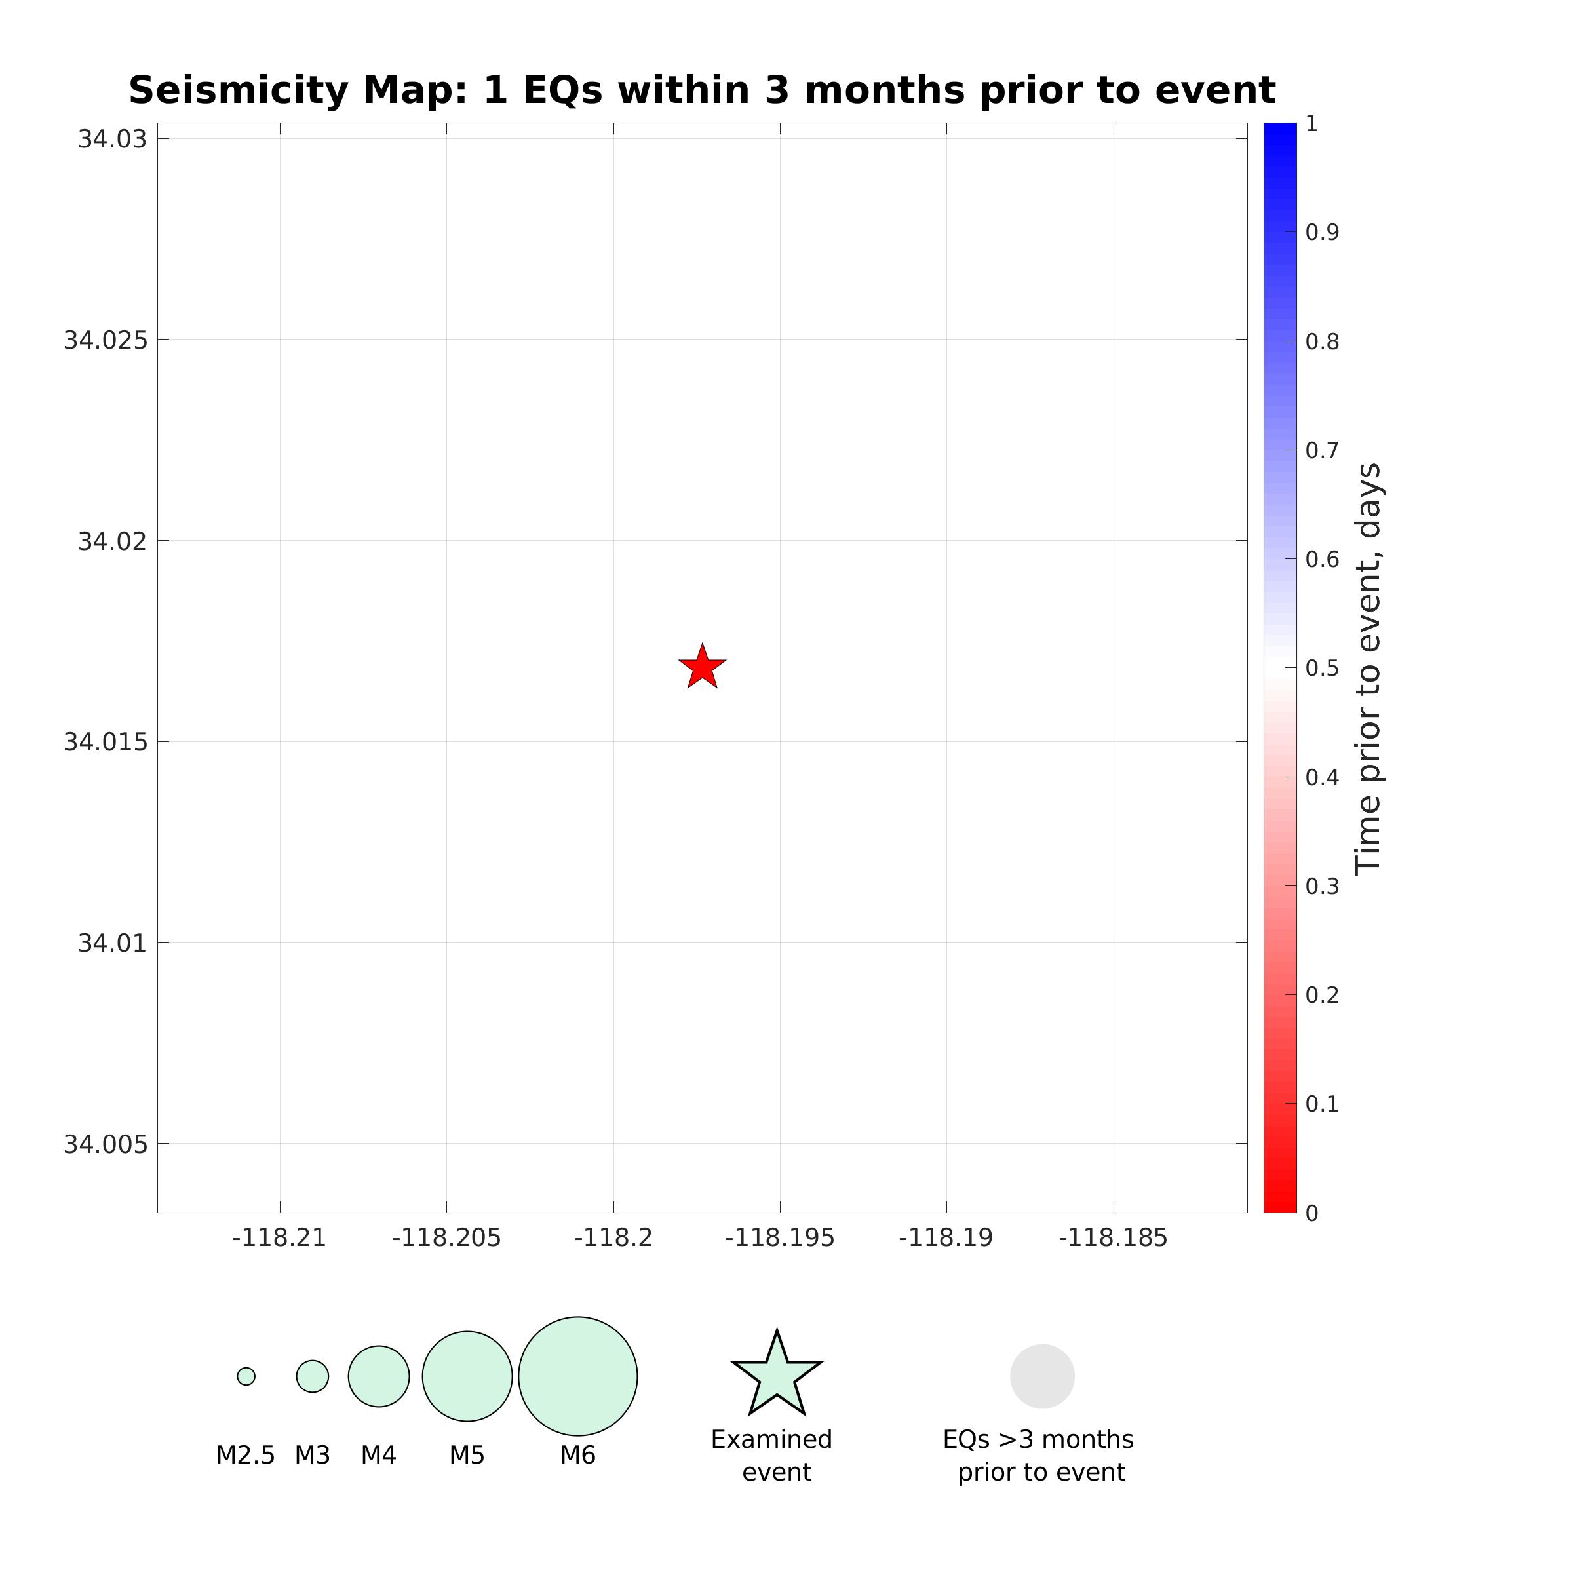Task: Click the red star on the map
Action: coord(702,667)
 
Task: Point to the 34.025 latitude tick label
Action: coord(106,340)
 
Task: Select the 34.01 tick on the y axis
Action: coord(112,944)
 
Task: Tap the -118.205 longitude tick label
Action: coord(446,1238)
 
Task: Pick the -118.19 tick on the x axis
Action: coord(946,1238)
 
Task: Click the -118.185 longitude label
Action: coord(1113,1238)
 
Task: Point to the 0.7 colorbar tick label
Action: coord(1321,450)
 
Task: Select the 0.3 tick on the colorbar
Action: coord(1321,887)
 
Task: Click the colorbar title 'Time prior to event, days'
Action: coord(1369,668)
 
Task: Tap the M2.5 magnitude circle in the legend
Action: coord(246,1376)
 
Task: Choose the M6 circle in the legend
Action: coord(577,1376)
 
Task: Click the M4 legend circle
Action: coord(379,1376)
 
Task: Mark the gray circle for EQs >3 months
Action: coord(1042,1376)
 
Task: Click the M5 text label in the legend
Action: coord(467,1455)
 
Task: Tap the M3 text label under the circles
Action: coord(312,1455)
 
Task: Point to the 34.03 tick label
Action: coord(112,139)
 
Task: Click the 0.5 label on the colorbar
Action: coord(1321,669)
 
